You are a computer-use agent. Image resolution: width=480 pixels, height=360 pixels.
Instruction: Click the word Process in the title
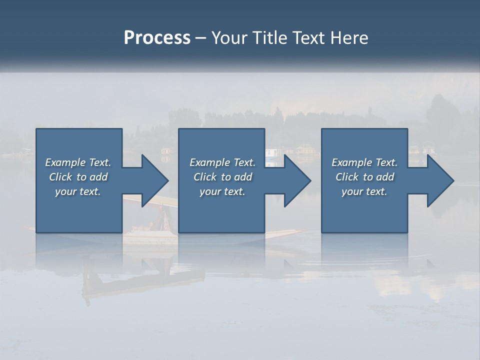157,38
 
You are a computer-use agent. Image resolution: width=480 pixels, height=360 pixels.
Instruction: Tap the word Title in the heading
270,38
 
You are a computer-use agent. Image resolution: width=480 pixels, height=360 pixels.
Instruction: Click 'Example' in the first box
65,162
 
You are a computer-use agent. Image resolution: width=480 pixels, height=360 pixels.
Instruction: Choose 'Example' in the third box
352,162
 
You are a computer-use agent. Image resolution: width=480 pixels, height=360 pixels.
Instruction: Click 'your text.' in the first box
78,191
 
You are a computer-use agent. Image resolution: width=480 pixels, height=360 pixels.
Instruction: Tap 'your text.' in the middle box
222,191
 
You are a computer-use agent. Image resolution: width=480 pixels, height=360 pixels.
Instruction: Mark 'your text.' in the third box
364,191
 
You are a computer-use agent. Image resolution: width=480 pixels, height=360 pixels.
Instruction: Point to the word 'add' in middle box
243,177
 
